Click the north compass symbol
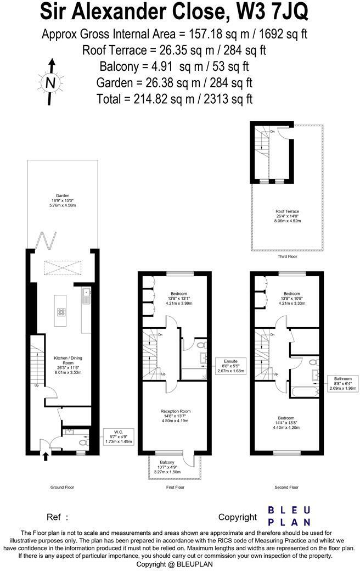pos(50,83)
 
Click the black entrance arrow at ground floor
pos(46,456)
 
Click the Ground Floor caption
pos(62,487)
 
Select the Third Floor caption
pos(286,256)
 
